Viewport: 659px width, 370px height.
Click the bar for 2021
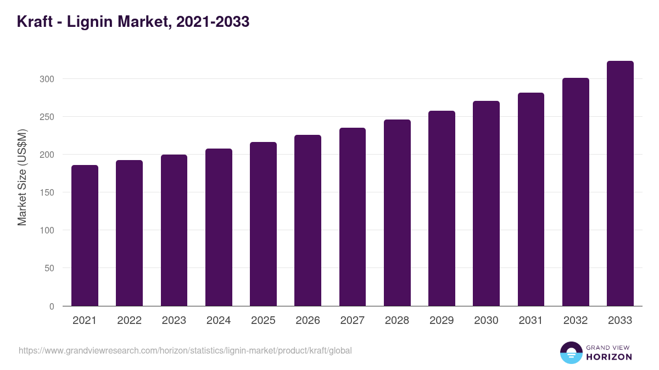(85, 236)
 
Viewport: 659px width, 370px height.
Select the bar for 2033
(620, 184)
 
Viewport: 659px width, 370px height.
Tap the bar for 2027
(353, 217)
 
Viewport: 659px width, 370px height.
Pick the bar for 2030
(486, 203)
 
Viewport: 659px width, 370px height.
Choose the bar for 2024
(219, 227)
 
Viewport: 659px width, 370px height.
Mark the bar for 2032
(576, 192)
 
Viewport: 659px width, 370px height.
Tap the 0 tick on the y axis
(52, 306)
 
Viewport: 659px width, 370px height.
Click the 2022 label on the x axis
(129, 321)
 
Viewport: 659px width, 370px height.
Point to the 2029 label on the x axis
(442, 321)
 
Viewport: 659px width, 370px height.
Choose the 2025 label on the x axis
(263, 321)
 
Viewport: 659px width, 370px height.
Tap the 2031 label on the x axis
(530, 321)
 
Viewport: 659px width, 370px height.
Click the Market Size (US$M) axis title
(22, 177)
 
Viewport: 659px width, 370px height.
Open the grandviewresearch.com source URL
(185, 350)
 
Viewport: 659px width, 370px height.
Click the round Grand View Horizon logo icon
(571, 352)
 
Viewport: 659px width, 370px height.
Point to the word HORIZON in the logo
(608, 357)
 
